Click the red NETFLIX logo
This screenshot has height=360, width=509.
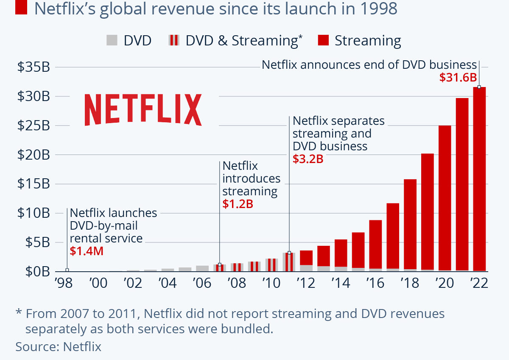pos(143,110)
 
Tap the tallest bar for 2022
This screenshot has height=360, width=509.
pos(479,178)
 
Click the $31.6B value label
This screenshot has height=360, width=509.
pos(458,78)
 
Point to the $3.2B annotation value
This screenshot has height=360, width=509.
pos(308,159)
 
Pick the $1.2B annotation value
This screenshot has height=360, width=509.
pos(238,204)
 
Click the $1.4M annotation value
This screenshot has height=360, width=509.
pos(87,251)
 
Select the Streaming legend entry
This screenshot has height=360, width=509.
pos(367,41)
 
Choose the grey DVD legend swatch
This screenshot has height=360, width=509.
pos(112,41)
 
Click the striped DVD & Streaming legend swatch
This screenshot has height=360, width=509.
pos(173,41)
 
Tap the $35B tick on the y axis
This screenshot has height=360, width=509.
pos(32,67)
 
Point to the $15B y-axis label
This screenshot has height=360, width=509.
pos(32,184)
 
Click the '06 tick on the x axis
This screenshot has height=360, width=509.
pos(202,283)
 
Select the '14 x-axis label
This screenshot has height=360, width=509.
pos(341,283)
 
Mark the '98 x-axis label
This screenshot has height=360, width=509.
pos(63,283)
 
